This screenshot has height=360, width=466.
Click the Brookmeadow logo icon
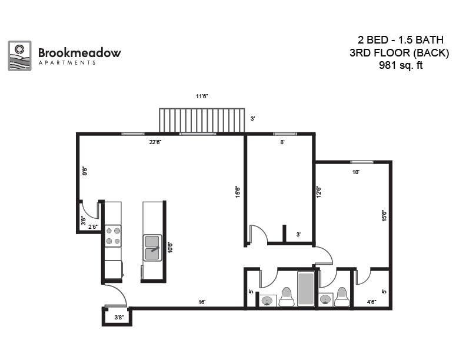[19, 56]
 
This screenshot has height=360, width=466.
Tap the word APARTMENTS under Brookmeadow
[66, 63]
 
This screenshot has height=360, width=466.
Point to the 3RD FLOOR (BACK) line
[400, 53]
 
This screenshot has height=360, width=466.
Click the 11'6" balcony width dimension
[202, 96]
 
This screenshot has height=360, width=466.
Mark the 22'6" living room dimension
[155, 142]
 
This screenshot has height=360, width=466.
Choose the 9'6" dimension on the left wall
[85, 172]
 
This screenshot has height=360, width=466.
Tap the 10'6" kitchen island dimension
[170, 247]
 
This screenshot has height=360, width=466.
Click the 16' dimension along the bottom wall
[202, 302]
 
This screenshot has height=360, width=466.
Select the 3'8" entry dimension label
[118, 318]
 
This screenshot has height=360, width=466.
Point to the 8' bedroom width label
[282, 142]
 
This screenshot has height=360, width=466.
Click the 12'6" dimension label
[319, 192]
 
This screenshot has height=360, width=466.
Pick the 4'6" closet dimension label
[372, 302]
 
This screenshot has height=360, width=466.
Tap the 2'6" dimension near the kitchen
[92, 226]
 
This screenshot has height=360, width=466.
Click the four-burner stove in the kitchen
[113, 236]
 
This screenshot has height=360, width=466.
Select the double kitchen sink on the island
[152, 247]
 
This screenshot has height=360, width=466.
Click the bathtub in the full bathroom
[305, 289]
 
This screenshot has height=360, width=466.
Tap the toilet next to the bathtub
[287, 297]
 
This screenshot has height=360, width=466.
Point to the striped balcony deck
[202, 121]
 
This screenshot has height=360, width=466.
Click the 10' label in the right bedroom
[355, 172]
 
